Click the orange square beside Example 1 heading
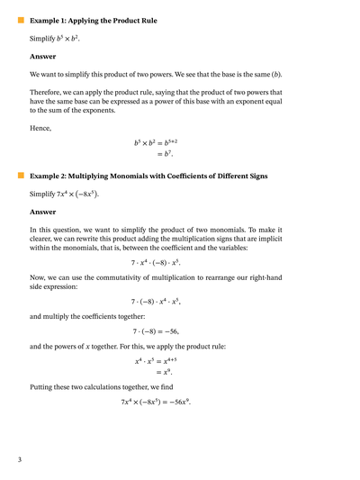click(21, 19)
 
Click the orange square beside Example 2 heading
click(21, 177)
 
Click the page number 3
click(19, 460)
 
